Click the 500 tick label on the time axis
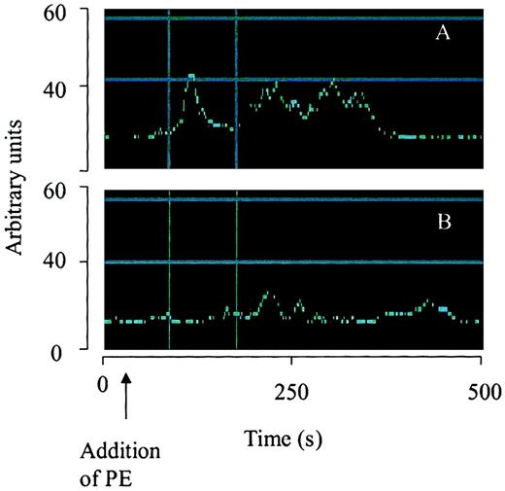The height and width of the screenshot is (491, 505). click(482, 392)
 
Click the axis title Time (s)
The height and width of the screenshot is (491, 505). click(292, 438)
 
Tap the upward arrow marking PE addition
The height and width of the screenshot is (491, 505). click(125, 398)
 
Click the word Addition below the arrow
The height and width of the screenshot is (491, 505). click(118, 452)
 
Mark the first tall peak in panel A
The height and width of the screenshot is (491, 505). click(191, 77)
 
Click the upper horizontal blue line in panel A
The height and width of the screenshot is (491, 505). click(291, 19)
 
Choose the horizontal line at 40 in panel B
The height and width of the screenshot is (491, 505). click(291, 263)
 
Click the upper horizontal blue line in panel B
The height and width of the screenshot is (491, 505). click(291, 200)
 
